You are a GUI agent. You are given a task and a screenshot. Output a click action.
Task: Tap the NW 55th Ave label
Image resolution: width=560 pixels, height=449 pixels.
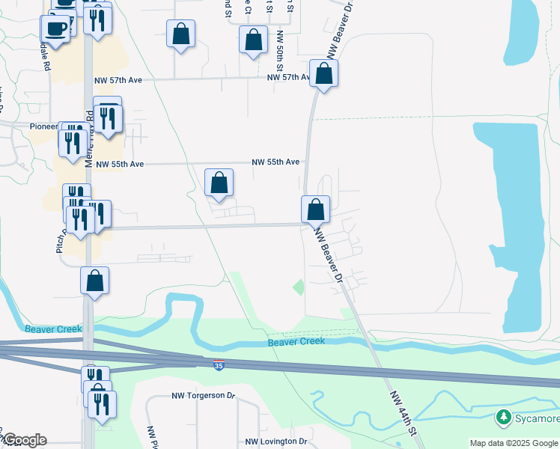276,162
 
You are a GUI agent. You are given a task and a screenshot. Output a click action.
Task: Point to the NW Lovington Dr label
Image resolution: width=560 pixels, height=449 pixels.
276,442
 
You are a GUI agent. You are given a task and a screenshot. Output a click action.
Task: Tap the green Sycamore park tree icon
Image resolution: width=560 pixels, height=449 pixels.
504,417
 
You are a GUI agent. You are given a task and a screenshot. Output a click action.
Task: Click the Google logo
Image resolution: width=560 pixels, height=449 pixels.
24,440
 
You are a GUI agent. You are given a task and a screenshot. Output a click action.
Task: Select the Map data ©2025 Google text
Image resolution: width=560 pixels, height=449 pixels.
513,443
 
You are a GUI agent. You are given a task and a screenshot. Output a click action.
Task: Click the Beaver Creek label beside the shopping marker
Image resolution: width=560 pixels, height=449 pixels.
50,329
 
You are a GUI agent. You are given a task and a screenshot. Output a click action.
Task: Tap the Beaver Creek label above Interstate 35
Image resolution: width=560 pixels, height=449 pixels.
296,342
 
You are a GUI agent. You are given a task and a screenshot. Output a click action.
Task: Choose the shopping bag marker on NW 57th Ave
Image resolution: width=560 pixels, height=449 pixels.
324,74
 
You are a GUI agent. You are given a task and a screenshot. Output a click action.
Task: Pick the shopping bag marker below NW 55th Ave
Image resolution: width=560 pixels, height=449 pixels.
219,183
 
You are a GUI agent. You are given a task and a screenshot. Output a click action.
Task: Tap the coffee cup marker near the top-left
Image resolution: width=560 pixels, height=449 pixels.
57,28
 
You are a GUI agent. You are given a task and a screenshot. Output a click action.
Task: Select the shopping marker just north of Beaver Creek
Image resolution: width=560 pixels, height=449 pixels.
95,281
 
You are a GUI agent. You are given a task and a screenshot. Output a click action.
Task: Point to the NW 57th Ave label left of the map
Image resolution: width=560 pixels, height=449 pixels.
118,79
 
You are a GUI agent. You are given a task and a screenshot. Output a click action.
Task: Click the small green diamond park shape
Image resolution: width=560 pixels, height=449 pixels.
299,286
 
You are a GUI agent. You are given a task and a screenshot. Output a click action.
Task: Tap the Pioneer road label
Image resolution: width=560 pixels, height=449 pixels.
43,126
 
